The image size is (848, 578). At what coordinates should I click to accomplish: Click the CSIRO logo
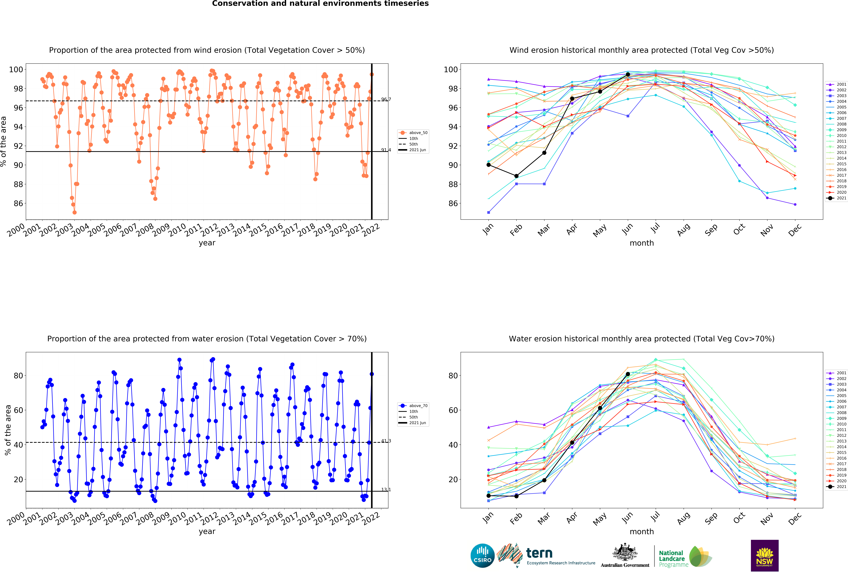tap(482, 556)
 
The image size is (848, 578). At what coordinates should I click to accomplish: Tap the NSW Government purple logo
tap(764, 555)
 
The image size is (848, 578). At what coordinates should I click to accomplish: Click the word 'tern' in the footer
tap(539, 553)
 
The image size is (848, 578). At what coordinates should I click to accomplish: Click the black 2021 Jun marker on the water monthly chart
tap(628, 374)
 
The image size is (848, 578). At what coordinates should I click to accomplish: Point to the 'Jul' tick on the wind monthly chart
tap(656, 228)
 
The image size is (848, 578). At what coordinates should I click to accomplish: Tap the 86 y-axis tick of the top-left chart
tap(18, 203)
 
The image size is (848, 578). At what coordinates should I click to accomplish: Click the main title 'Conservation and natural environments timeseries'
tap(320, 4)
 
